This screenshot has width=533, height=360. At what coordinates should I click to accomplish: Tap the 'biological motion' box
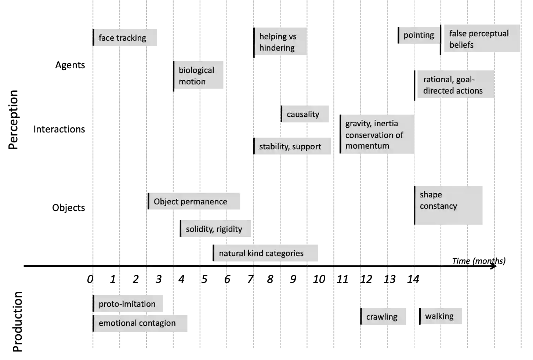pos(200,75)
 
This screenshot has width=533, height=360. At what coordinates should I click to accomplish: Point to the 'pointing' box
pos(419,35)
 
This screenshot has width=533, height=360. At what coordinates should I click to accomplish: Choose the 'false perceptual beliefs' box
pos(481,39)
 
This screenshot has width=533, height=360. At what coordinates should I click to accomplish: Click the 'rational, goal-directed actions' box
pos(454,85)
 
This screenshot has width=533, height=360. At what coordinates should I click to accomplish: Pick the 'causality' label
pos(304,114)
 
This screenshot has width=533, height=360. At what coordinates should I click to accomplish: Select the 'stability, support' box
pos(293,146)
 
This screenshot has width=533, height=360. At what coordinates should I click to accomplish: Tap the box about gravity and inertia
pos(377,134)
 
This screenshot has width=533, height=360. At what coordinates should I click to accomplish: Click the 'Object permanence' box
pos(194,201)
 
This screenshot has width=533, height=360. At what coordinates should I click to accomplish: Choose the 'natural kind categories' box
pos(266,253)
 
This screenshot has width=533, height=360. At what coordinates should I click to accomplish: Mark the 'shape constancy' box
pos(449,205)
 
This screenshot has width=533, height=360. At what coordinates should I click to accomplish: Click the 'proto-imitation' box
pos(128,303)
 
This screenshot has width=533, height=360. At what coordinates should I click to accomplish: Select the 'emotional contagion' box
pos(139,323)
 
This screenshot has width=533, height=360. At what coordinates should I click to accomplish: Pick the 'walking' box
pos(440,316)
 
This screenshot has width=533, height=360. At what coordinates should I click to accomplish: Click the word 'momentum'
pos(367,146)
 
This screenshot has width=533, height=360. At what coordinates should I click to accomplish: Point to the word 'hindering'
pos(277,48)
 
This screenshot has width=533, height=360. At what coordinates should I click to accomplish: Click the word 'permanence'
pos(206,201)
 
